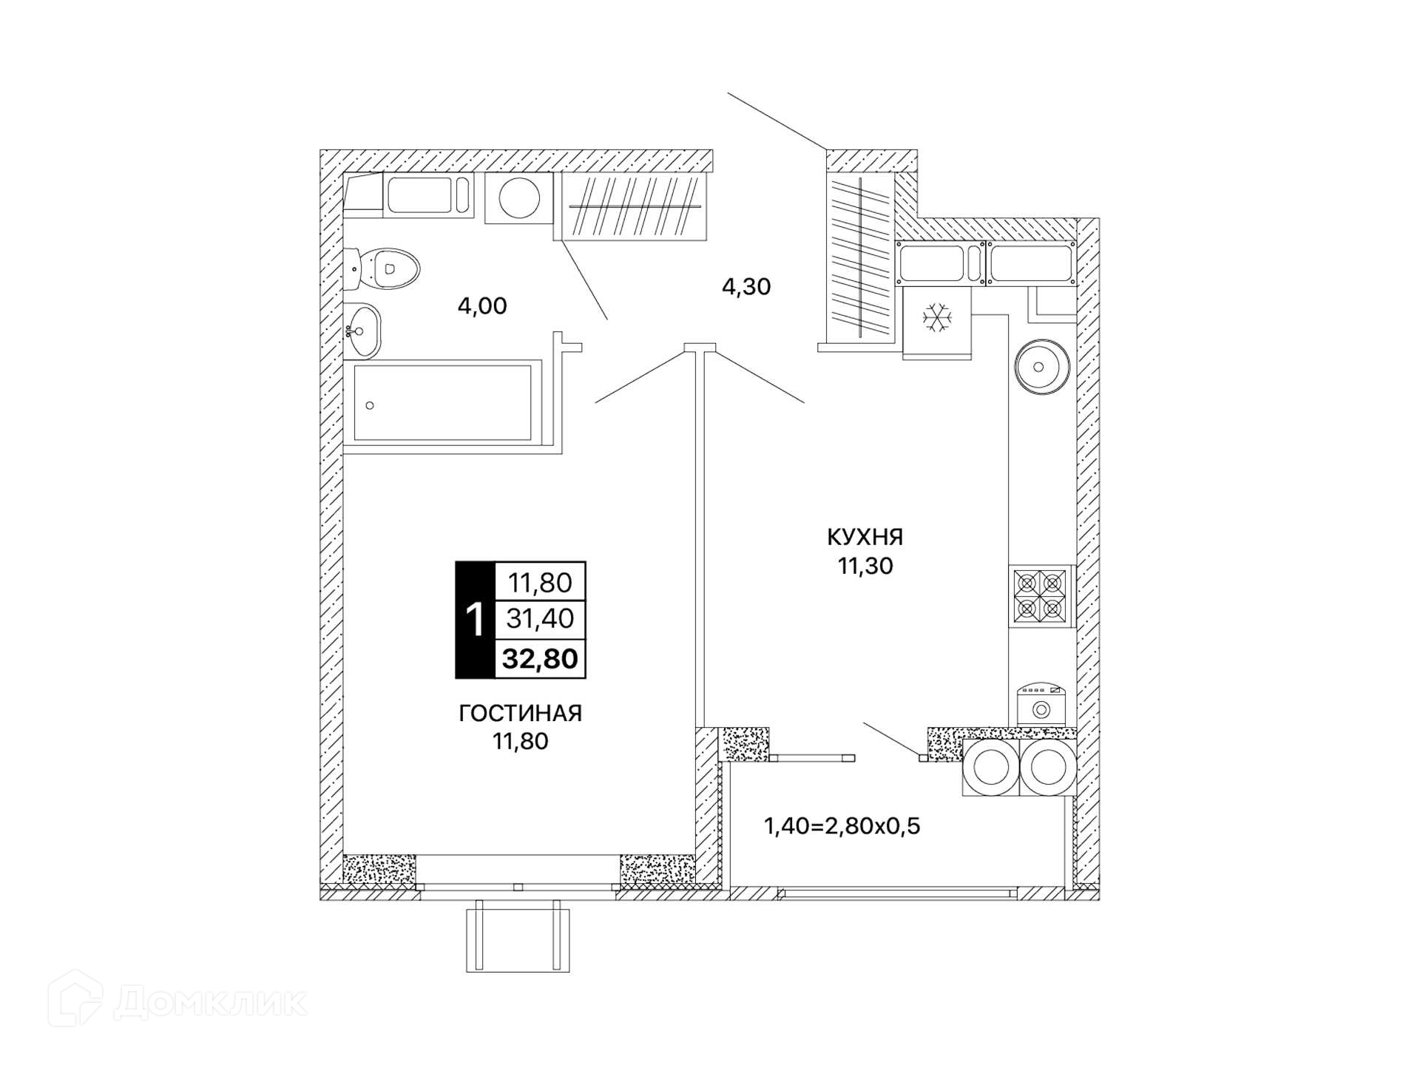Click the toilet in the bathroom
(x=382, y=269)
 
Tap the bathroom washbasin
(x=362, y=331)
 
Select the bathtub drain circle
(x=370, y=405)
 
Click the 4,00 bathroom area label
(x=482, y=305)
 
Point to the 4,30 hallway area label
(x=746, y=286)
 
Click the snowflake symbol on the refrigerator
(x=936, y=317)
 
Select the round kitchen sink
(x=1042, y=367)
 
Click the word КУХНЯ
(x=865, y=536)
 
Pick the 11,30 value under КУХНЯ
(x=865, y=566)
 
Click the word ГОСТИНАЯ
(x=521, y=713)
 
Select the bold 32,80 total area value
(x=540, y=658)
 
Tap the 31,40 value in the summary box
(x=540, y=618)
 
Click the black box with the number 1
(x=475, y=620)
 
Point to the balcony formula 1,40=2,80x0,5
(x=842, y=825)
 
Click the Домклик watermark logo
(x=177, y=1001)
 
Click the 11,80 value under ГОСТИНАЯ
(x=521, y=741)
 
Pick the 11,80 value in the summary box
(x=540, y=583)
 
